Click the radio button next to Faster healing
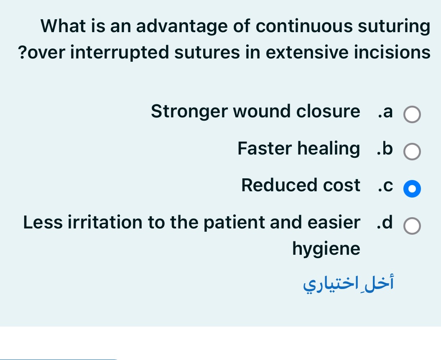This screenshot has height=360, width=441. pyautogui.click(x=412, y=152)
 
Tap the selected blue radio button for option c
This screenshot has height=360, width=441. pyautogui.click(x=412, y=189)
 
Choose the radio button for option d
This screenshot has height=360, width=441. pyautogui.click(x=412, y=226)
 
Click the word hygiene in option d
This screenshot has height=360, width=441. pyautogui.click(x=326, y=249)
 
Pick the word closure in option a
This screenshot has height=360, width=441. pyautogui.click(x=328, y=112)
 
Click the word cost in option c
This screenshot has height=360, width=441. pyautogui.click(x=342, y=185)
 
